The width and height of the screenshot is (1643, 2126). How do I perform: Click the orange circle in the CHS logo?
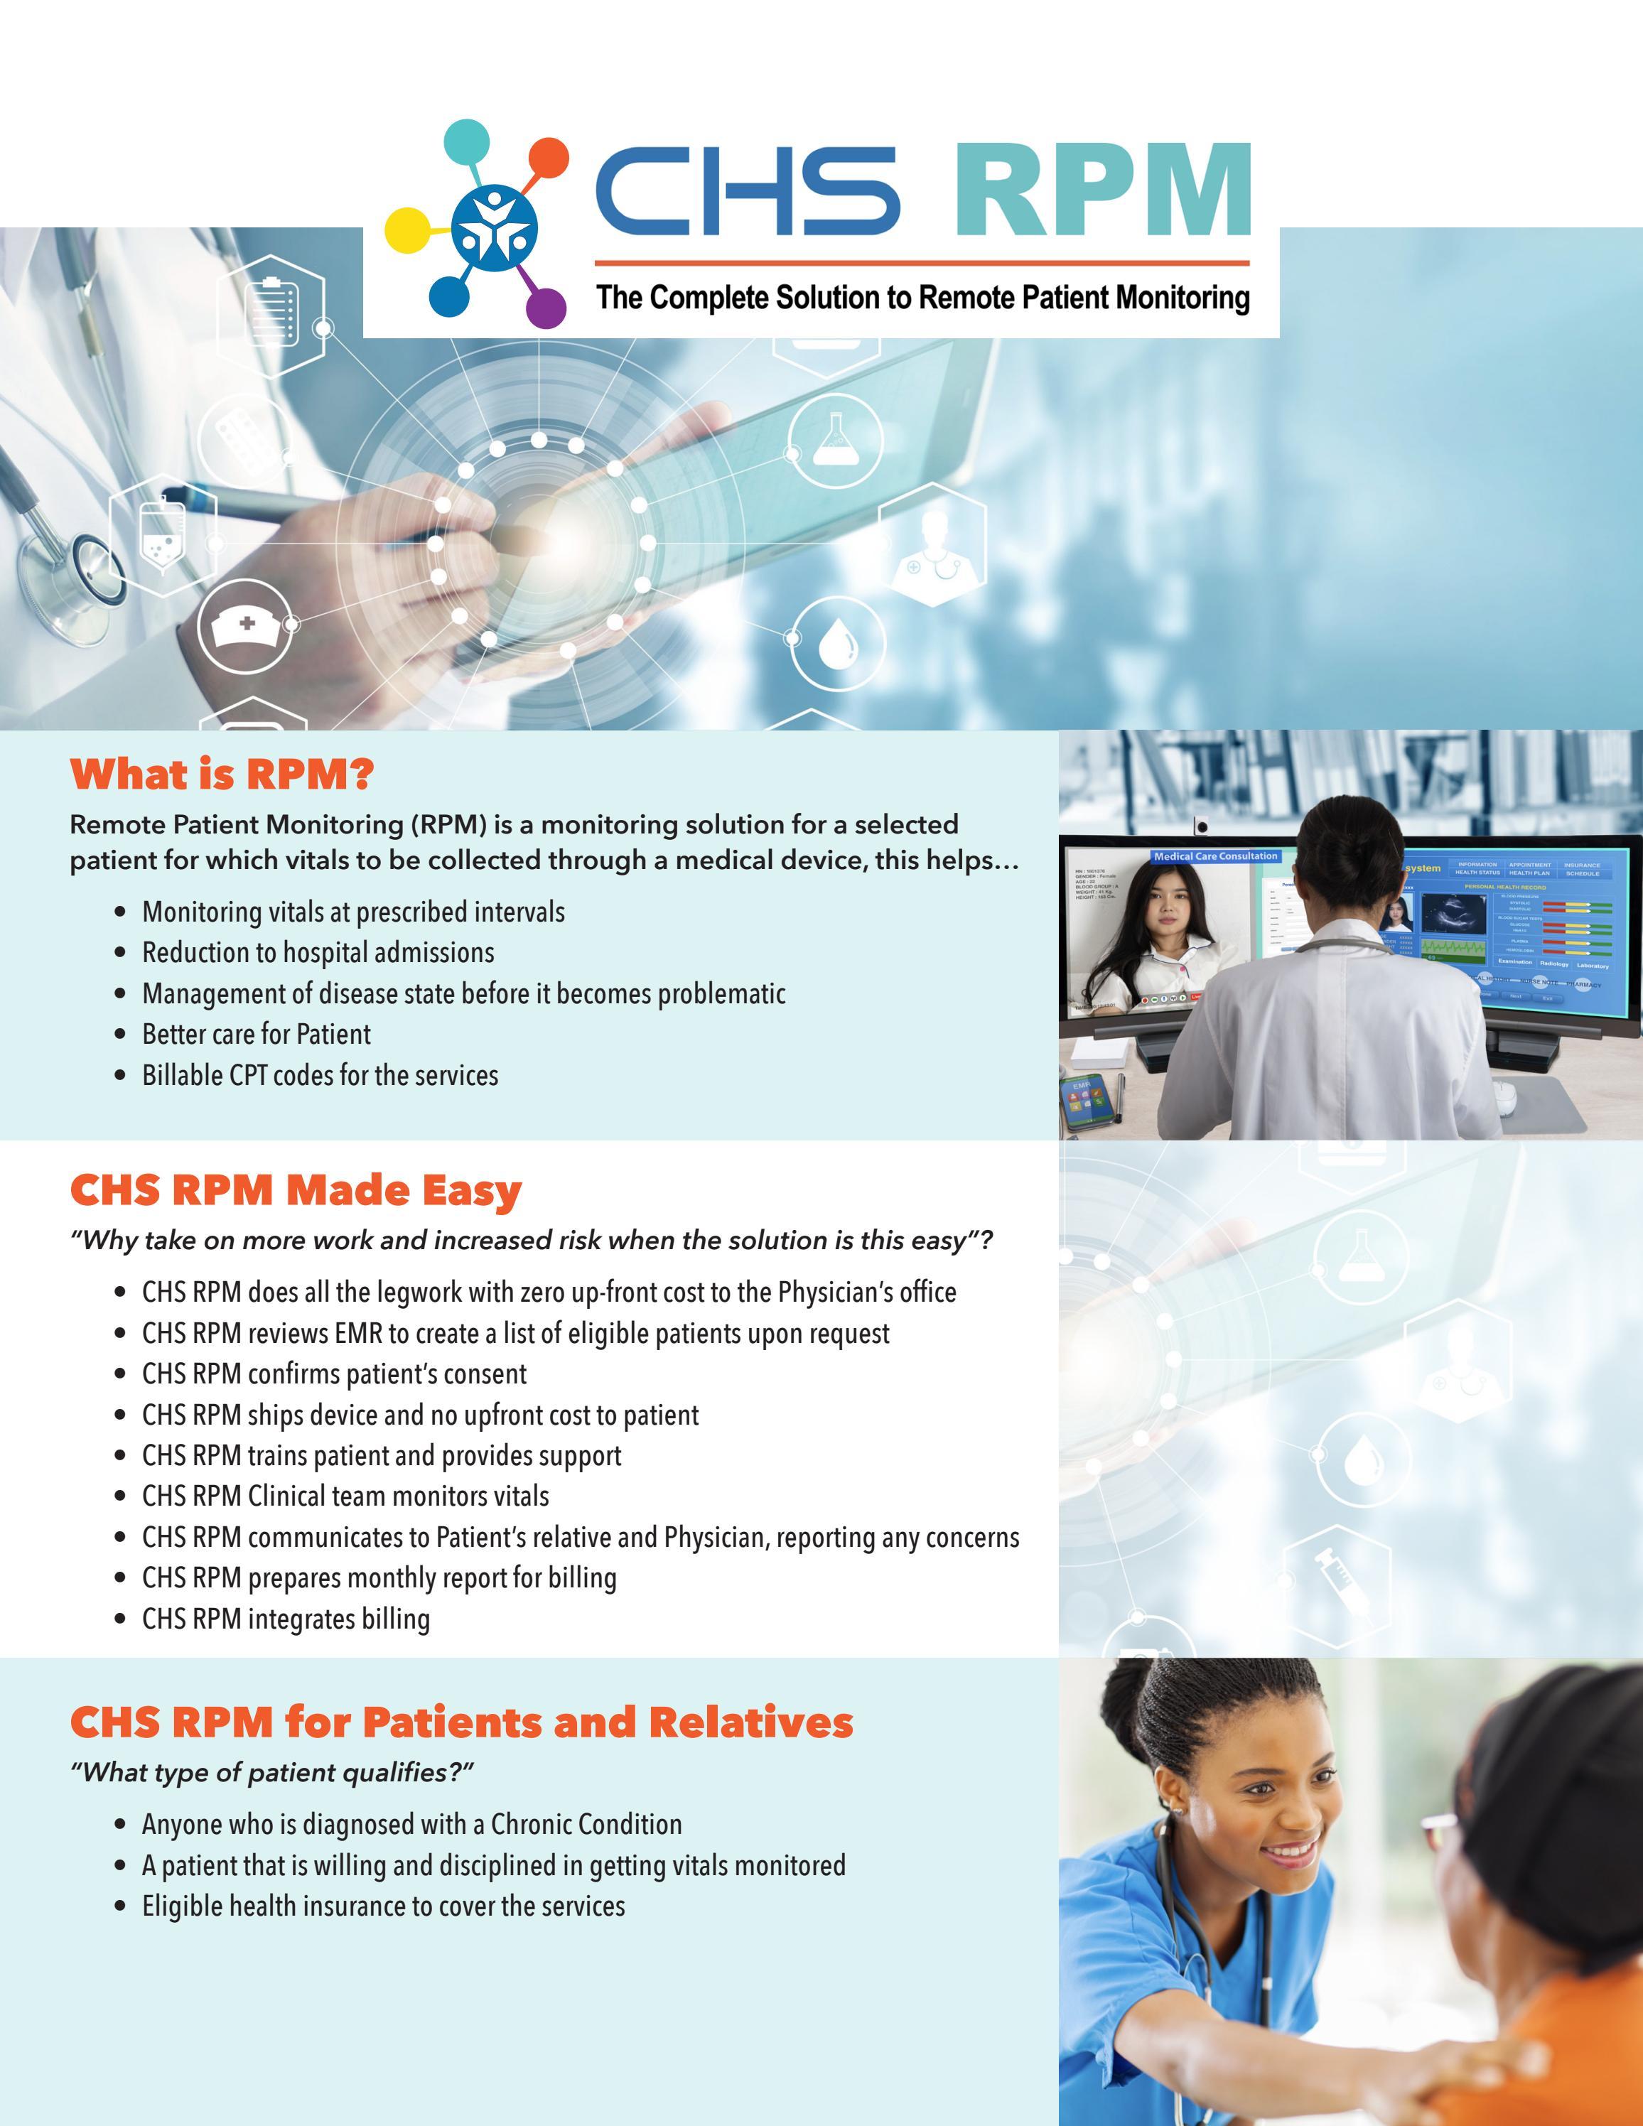(548, 158)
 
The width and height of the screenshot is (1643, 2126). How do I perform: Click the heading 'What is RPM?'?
(222, 775)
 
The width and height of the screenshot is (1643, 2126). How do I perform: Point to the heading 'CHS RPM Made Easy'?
(296, 1190)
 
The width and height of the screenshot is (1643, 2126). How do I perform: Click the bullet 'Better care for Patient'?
(256, 1034)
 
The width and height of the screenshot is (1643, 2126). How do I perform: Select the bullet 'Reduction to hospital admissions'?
(318, 952)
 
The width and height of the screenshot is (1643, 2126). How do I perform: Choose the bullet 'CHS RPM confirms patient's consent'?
(334, 1374)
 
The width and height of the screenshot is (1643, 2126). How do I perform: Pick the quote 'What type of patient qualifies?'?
(271, 1773)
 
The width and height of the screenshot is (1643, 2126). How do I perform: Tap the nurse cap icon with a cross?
(245, 625)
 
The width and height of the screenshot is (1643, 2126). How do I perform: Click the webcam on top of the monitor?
(1202, 826)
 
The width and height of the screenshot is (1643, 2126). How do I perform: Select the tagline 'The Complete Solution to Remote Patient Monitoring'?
(922, 298)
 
